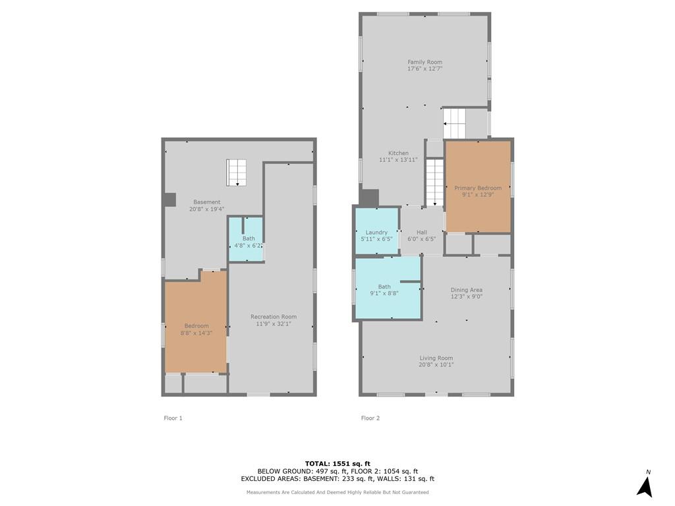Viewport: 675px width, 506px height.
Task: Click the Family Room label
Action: click(x=425, y=62)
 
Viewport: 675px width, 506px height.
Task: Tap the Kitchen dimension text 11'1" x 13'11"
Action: click(x=398, y=159)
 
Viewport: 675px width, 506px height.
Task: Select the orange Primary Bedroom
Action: click(x=478, y=186)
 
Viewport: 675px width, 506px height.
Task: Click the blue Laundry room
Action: click(x=376, y=231)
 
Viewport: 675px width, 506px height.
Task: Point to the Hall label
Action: click(x=421, y=233)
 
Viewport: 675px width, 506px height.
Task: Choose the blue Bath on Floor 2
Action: click(x=388, y=287)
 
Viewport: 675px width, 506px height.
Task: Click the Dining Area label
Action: click(x=466, y=290)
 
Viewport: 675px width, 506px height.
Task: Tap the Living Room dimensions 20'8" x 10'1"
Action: click(x=436, y=365)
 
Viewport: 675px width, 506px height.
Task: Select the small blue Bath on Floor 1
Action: click(x=246, y=239)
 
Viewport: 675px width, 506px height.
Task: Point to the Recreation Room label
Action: click(x=274, y=317)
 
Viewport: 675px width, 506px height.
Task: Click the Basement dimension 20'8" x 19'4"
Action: click(x=206, y=209)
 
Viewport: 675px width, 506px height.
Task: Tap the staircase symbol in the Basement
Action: click(x=237, y=173)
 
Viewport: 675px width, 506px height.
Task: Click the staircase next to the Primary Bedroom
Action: click(x=435, y=183)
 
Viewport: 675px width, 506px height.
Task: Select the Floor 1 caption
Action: click(x=173, y=418)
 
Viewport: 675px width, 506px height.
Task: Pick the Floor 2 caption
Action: click(x=370, y=418)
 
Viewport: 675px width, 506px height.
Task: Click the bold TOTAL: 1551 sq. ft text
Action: click(x=337, y=463)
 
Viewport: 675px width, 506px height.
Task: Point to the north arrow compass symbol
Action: click(x=645, y=484)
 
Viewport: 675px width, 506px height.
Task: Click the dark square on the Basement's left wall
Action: click(x=171, y=200)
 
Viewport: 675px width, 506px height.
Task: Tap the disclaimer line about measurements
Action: click(x=337, y=492)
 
